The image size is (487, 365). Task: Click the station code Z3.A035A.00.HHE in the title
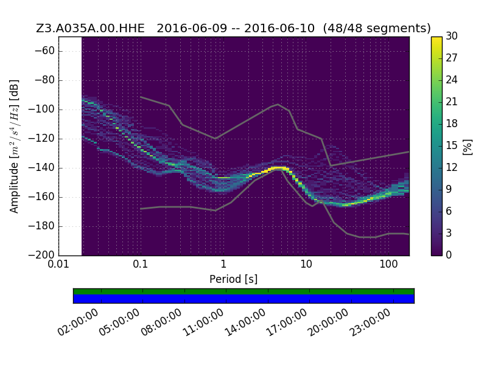(90, 28)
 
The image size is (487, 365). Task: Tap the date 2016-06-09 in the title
(192, 28)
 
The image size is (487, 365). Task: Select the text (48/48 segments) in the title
(377, 28)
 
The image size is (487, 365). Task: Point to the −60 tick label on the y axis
(44, 50)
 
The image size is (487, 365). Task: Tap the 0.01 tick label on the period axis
(58, 264)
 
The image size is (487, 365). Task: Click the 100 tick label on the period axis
(388, 264)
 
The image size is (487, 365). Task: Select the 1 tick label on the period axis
(223, 264)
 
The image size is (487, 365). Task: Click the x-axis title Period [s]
(234, 279)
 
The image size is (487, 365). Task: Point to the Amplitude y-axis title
(14, 147)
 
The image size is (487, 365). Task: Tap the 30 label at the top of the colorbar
(452, 36)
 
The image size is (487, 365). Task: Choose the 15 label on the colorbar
(452, 145)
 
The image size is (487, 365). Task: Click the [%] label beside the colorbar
(468, 147)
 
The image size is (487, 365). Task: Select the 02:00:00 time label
(79, 322)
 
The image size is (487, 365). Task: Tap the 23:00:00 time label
(370, 322)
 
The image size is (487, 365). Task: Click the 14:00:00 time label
(245, 322)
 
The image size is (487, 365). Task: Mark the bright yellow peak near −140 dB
(278, 169)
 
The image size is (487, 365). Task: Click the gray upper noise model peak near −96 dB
(278, 105)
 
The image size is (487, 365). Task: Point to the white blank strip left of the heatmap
(71, 146)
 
